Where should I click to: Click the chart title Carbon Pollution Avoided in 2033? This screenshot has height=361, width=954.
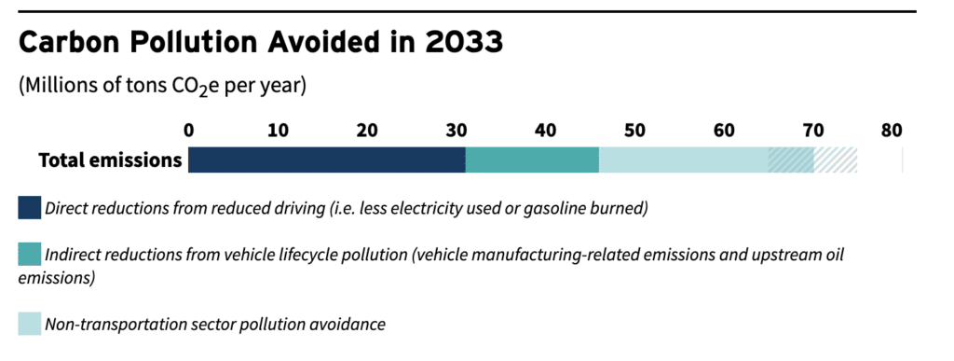262,43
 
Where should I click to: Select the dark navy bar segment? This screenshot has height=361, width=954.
326,160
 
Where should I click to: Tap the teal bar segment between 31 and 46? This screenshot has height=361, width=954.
532,160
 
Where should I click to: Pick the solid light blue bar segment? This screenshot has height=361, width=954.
683,160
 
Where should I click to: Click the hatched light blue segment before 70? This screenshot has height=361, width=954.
791,160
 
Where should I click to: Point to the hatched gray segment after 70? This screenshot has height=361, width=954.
836,160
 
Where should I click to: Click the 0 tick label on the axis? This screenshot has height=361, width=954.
189,130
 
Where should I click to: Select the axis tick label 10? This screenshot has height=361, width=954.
278,130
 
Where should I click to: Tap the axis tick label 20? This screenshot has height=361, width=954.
367,130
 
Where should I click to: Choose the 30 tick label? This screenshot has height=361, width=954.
457,130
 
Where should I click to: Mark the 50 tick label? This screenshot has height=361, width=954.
634,130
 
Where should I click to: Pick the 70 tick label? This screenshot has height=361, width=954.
812,130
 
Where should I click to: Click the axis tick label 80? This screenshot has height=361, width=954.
892,130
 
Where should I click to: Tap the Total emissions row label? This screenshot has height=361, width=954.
110,160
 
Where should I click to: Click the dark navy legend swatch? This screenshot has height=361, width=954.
30,207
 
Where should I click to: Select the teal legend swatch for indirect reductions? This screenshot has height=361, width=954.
30,254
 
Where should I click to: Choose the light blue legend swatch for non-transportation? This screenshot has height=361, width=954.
30,324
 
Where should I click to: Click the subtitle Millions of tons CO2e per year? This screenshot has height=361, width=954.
162,86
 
